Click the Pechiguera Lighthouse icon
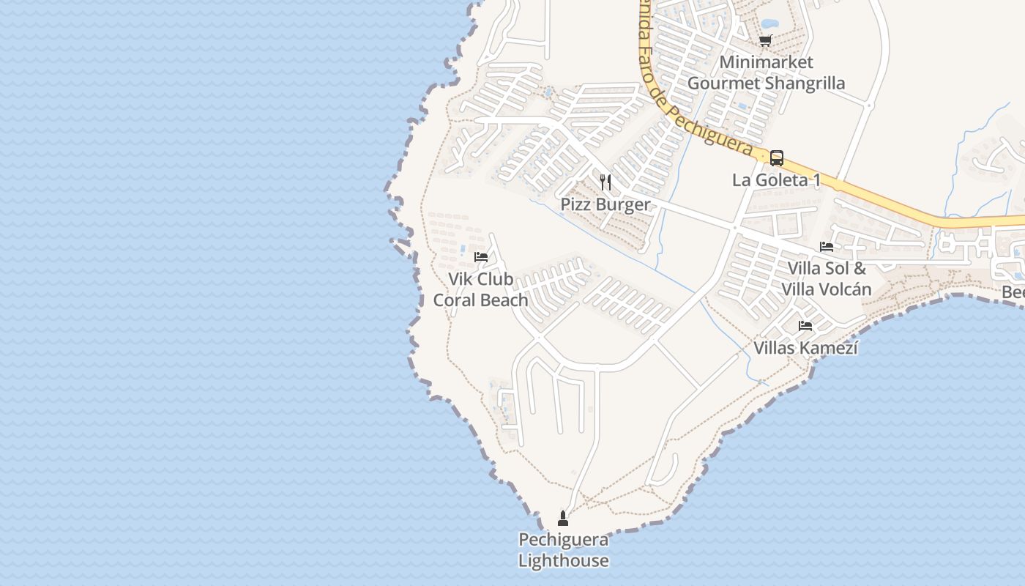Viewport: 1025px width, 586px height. point(563,519)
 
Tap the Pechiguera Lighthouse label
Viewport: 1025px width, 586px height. point(563,550)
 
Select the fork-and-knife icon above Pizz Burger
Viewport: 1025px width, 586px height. point(605,182)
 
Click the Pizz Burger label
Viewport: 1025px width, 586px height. point(605,204)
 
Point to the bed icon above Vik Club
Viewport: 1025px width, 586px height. point(481,256)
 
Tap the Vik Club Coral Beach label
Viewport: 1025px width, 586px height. point(481,289)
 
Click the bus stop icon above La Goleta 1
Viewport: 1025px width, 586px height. point(777,157)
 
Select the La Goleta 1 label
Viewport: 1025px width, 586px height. point(776,179)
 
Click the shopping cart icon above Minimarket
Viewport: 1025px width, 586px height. point(766,40)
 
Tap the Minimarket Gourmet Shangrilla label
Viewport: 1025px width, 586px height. point(766,73)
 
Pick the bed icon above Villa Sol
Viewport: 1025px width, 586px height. point(827,247)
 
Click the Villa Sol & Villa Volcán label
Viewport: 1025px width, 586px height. point(827,278)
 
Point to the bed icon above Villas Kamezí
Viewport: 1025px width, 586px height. point(805,325)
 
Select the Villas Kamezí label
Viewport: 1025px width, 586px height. point(805,348)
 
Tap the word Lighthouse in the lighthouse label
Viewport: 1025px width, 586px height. point(563,561)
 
